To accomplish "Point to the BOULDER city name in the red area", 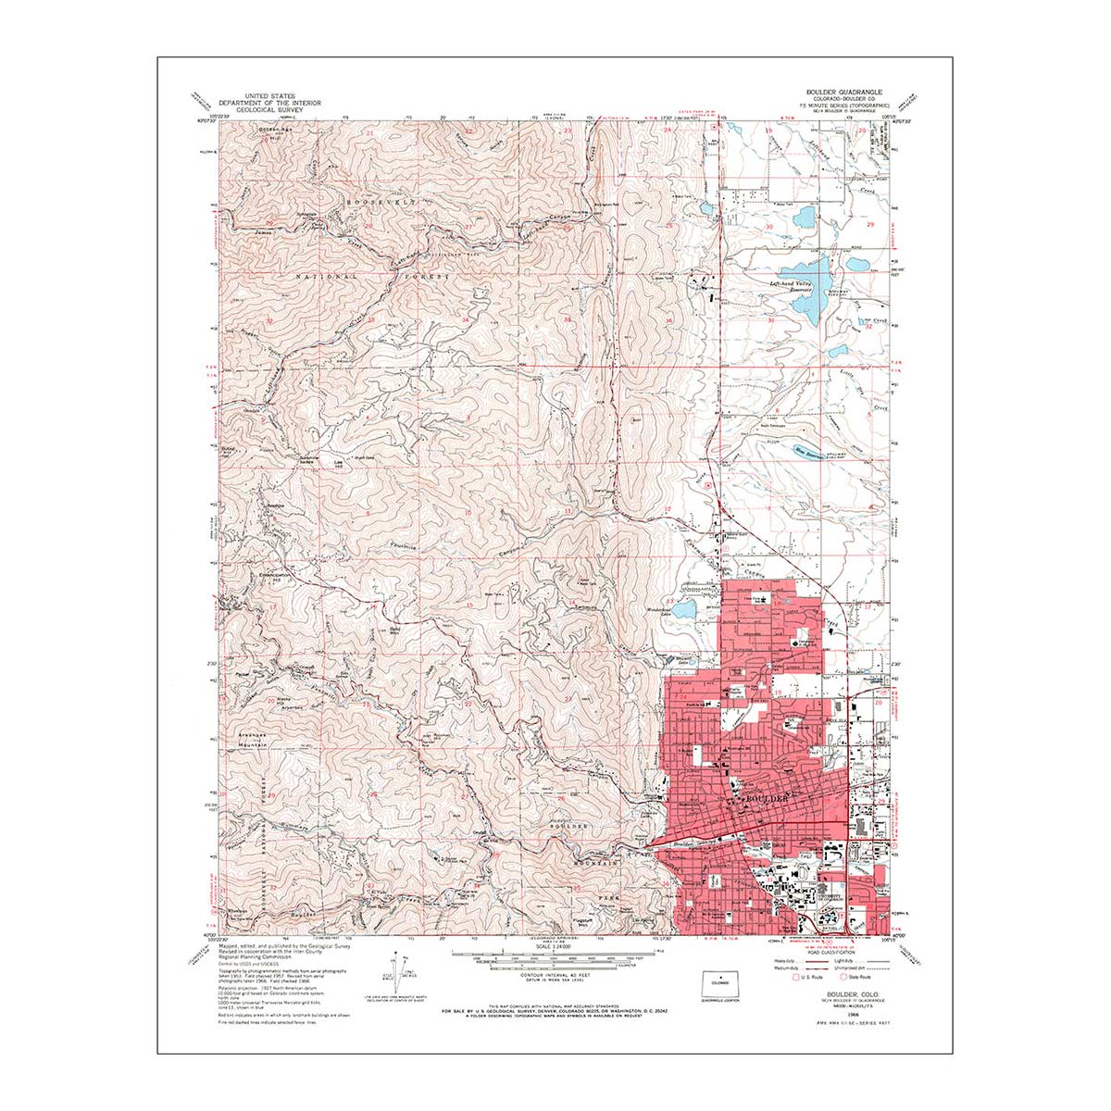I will [766, 798].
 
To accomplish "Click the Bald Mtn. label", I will [395, 630].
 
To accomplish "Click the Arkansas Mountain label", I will [252, 738].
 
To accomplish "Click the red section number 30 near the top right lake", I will [768, 226].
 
